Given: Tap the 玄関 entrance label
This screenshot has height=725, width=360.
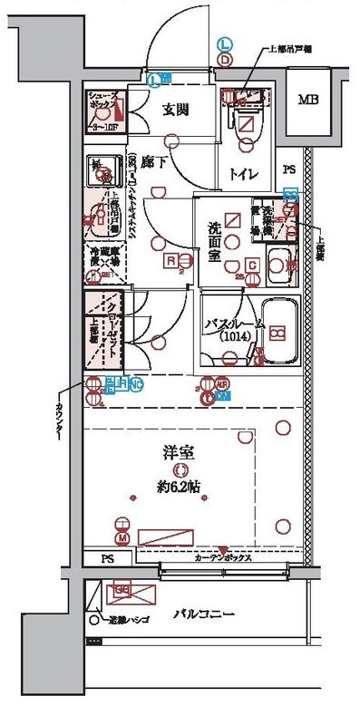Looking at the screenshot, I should (x=175, y=111).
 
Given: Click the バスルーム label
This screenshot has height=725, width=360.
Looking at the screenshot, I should (x=234, y=323).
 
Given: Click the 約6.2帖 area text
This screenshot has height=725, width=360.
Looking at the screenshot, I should (x=183, y=485).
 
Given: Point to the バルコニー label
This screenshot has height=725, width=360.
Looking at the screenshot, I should (x=204, y=614).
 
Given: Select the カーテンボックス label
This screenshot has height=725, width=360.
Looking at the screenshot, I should (x=224, y=558).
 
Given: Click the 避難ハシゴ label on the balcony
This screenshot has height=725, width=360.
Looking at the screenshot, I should (x=123, y=621).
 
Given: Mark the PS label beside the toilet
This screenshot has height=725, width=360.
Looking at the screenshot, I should (x=288, y=169).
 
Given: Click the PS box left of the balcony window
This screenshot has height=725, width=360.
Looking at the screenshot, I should (x=107, y=558).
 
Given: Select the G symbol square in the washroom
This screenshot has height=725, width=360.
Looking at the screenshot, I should (x=252, y=265).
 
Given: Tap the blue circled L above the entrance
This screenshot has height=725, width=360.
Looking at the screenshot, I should (x=224, y=43).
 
